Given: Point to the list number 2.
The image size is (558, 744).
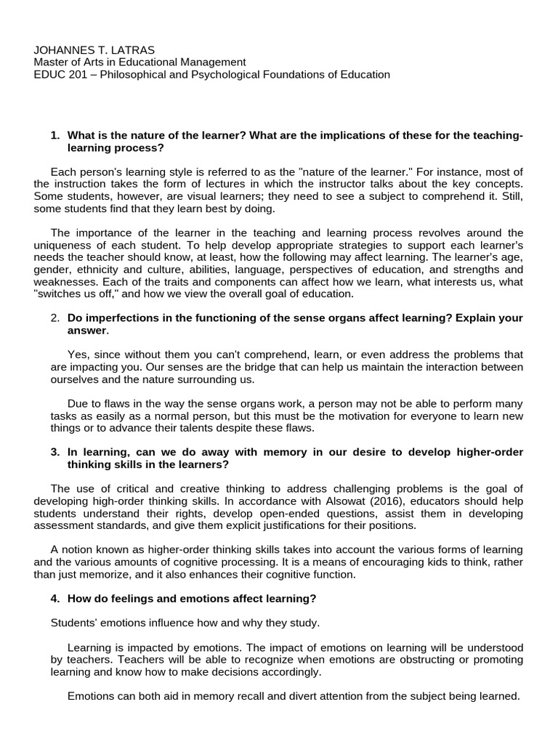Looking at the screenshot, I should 55,318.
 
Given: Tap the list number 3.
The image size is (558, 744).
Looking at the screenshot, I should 55,452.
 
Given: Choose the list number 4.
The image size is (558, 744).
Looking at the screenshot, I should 55,599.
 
